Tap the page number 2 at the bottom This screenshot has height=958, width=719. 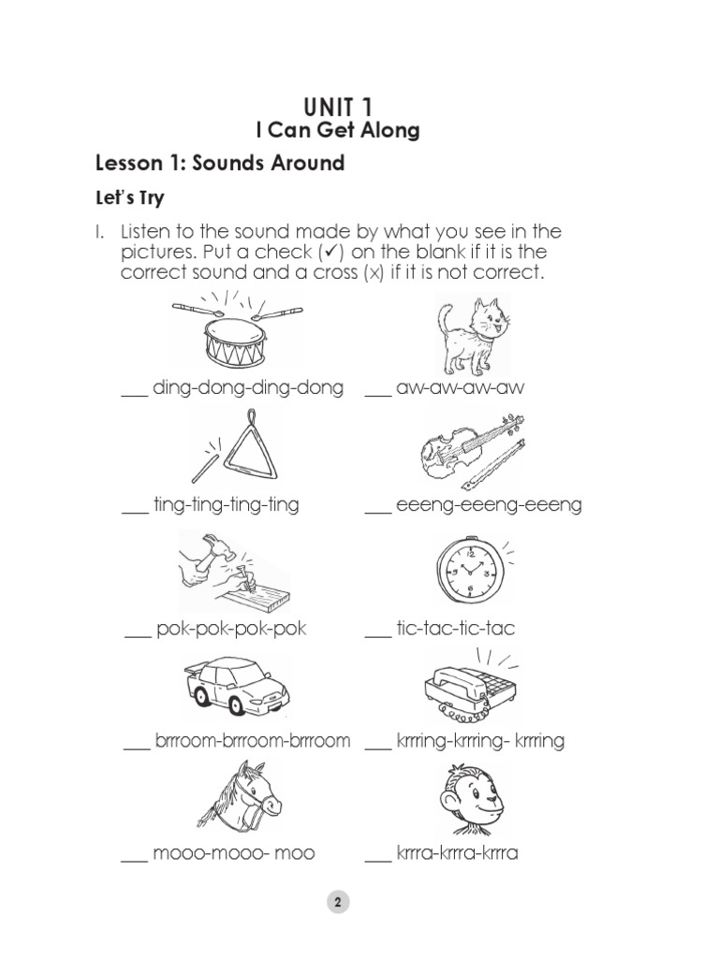point(337,903)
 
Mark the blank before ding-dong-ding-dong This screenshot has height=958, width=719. point(135,394)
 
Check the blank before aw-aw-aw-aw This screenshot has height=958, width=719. point(377,394)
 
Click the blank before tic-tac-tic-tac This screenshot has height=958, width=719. point(377,635)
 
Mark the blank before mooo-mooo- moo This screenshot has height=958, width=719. point(135,860)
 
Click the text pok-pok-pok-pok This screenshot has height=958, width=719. point(231,629)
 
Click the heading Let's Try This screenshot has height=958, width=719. point(130,198)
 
